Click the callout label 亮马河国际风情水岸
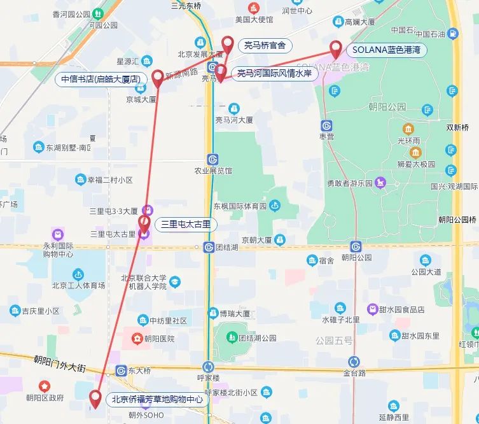(x=274, y=74)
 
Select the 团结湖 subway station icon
(x=209, y=247)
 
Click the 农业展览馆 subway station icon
(x=212, y=159)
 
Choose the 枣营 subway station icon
(x=327, y=125)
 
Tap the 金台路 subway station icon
(x=354, y=362)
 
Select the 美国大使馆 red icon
(x=254, y=8)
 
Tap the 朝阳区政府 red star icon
(x=45, y=386)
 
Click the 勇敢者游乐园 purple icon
(x=380, y=183)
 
